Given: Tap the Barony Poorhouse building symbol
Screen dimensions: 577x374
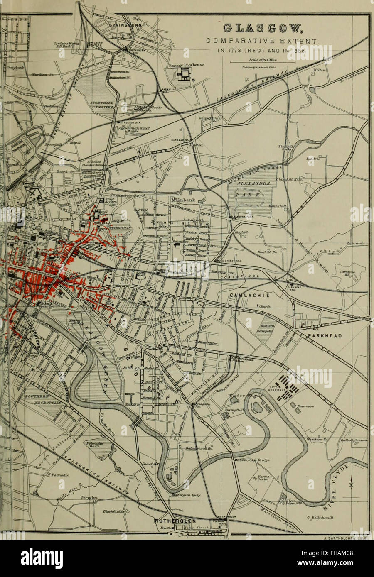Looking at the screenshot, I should [183, 75].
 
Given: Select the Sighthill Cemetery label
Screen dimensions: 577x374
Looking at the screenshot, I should [96, 104].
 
